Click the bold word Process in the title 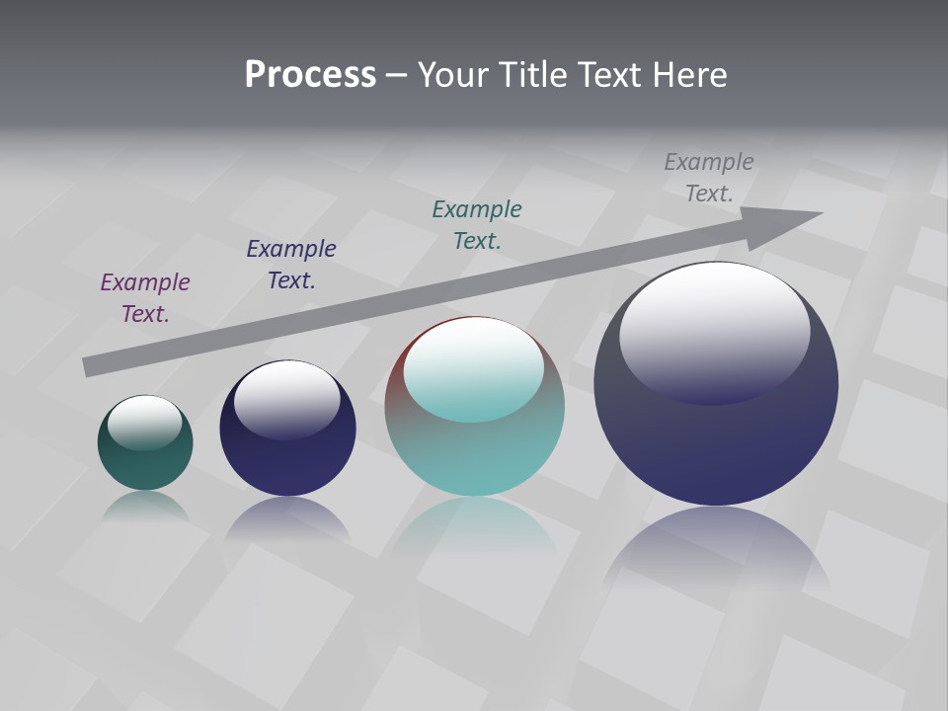click(310, 75)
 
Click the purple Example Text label click(144, 297)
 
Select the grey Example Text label click(709, 177)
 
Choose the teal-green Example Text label click(477, 224)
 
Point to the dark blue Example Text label click(291, 264)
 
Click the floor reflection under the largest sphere click(716, 548)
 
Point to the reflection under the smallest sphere click(145, 506)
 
